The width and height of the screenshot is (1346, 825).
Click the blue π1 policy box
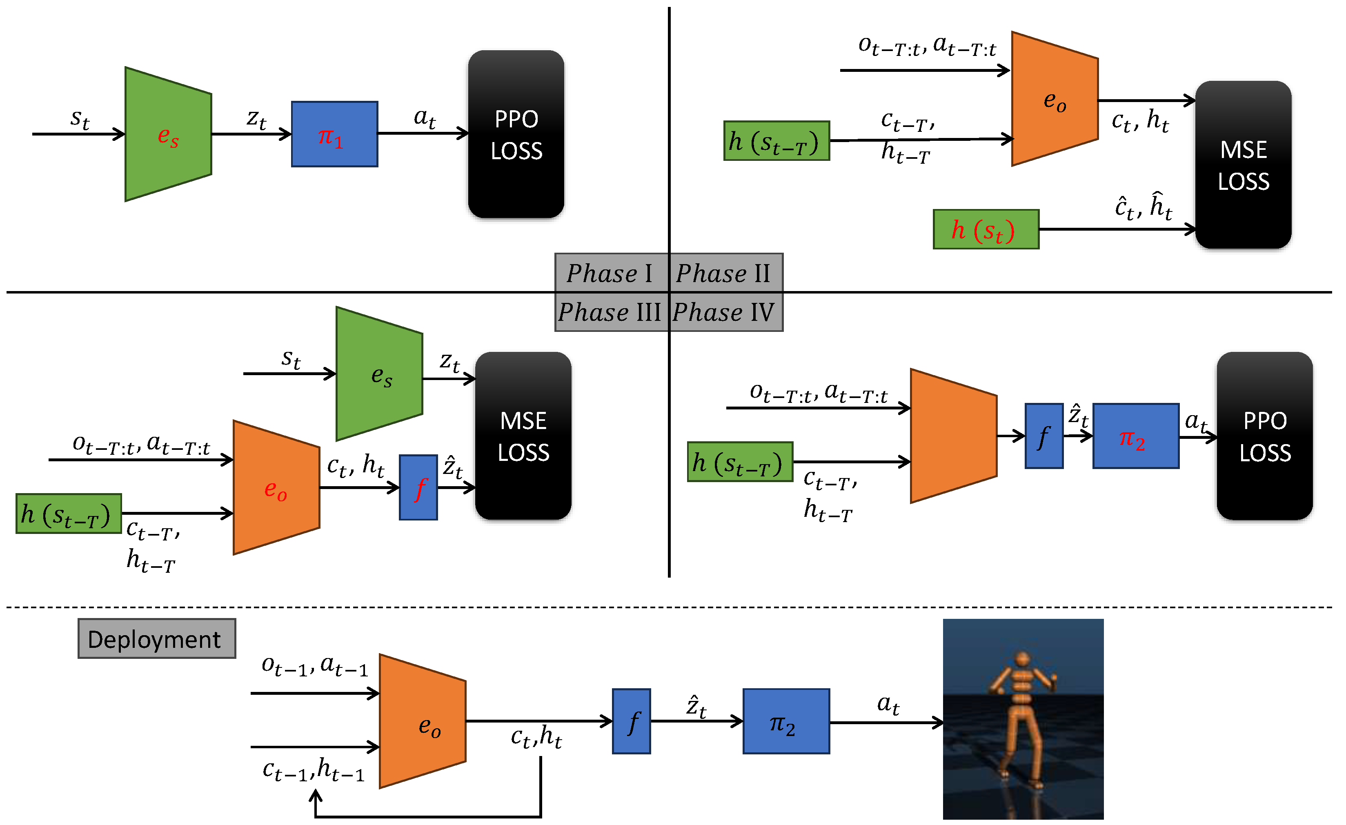335,134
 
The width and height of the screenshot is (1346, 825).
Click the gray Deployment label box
157,639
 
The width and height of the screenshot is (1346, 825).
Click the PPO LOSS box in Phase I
516,134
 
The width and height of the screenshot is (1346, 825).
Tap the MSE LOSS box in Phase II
1244,165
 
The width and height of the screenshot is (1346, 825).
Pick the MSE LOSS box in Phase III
523,436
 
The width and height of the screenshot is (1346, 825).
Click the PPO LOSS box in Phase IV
1265,436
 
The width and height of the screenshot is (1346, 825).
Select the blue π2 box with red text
1136,436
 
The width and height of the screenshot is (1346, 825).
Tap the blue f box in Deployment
632,722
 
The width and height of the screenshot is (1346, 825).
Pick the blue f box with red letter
418,488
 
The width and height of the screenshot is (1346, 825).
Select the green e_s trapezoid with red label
168,134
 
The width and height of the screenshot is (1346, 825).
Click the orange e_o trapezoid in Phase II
1055,99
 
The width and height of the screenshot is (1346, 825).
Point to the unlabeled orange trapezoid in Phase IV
954,436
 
